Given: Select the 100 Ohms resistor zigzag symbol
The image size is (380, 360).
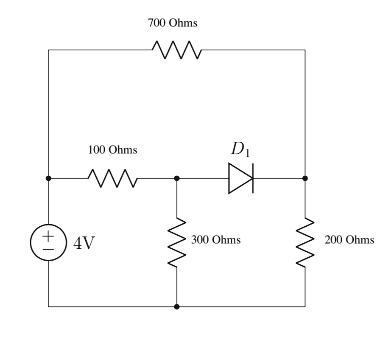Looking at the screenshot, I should click(112, 178).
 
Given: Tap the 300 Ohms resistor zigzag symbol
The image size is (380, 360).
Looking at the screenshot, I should click(177, 243).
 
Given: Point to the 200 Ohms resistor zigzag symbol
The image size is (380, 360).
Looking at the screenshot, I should click(305, 243).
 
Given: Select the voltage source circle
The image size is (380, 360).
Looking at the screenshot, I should click(48, 242).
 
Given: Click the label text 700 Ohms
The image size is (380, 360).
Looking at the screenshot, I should click(173, 23).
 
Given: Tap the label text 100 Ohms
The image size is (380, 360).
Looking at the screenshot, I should click(112, 150).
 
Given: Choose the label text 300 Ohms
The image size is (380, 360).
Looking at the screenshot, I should click(215, 240).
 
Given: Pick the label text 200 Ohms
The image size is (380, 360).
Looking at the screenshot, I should click(349, 240).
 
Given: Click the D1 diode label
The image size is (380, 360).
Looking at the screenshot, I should click(240, 149).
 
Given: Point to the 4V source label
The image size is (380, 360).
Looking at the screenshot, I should click(84, 243).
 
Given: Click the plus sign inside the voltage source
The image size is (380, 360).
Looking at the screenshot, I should click(48, 235).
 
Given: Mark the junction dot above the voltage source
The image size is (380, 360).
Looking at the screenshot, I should click(48, 178).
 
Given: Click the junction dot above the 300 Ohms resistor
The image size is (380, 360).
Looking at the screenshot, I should click(177, 178).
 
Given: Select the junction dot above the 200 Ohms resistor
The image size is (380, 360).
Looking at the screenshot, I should click(305, 178).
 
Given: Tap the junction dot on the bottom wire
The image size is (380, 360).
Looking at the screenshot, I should click(177, 307).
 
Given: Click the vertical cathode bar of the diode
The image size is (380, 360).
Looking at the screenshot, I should click(253, 178).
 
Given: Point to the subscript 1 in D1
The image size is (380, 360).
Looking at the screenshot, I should click(247, 154).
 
